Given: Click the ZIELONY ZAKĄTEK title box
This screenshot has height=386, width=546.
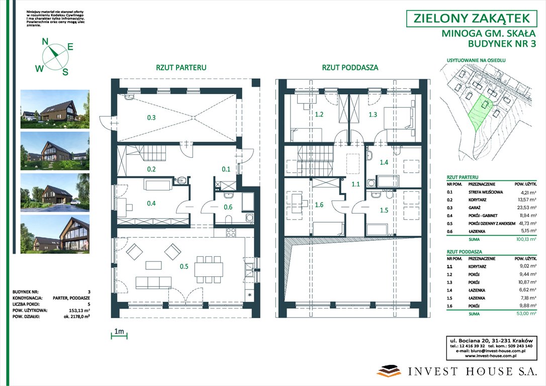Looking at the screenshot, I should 471,19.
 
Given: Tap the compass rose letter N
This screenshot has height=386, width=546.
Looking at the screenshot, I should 45,42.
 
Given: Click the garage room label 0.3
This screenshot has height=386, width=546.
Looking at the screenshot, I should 151,118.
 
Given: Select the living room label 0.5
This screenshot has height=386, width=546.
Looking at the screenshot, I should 184,266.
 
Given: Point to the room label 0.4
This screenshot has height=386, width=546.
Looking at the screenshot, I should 151,204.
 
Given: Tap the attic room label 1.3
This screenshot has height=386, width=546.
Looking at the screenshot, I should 373,115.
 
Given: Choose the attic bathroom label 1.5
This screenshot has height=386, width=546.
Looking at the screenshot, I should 384,210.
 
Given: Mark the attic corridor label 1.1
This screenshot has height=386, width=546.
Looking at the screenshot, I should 355,184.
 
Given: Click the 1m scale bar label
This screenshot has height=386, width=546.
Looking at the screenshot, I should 119,332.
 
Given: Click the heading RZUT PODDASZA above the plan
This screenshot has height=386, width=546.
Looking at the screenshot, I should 350,67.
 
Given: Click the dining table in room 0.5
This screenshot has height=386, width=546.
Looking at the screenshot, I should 209,269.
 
